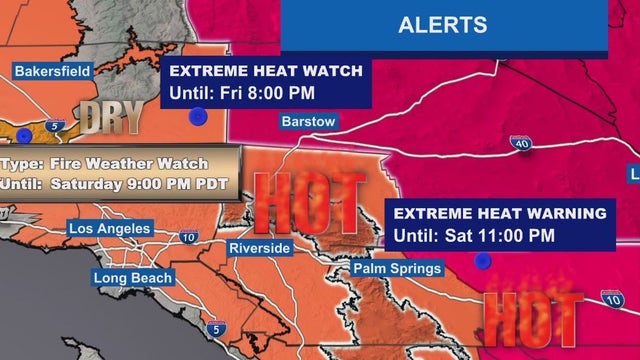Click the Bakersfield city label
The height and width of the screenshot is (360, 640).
pos(53,71)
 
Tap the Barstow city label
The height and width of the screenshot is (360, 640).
pos(308,122)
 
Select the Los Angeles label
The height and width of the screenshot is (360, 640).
pos(109,229)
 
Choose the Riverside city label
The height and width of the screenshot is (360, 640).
pos(259,247)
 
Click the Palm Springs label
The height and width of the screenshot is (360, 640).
pos(397,269)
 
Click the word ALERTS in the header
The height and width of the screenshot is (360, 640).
pos(442,25)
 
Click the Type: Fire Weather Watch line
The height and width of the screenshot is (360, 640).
pos(105,163)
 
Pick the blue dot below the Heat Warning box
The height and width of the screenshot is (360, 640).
pos(483,261)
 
